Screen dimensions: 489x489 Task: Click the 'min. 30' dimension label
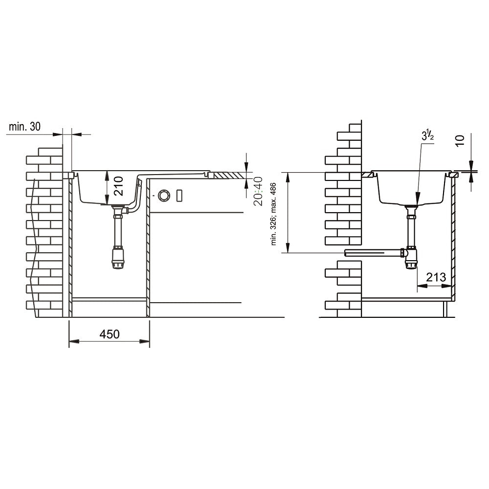(24, 127)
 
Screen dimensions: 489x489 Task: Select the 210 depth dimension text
(118, 186)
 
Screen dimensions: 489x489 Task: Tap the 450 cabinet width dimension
(110, 334)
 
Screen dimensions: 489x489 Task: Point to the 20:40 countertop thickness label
(258, 191)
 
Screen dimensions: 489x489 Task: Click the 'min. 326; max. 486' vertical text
(273, 214)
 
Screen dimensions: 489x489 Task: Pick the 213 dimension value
(436, 277)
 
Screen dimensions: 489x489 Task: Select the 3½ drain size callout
(428, 135)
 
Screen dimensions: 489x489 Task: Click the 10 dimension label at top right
(460, 140)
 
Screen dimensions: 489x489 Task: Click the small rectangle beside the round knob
(179, 196)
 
